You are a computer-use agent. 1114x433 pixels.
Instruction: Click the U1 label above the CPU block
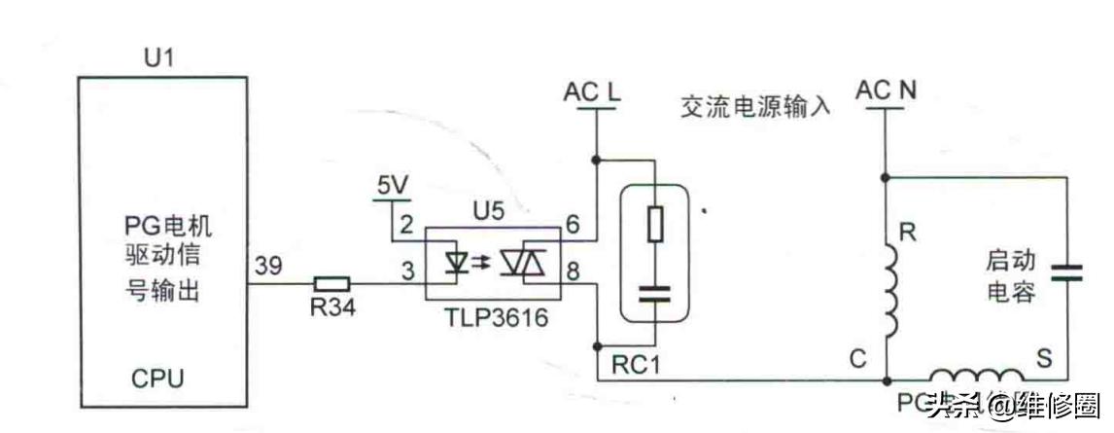pyautogui.click(x=157, y=60)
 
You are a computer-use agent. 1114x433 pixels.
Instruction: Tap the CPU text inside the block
pyautogui.click(x=157, y=378)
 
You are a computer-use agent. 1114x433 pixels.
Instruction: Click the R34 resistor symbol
pyautogui.click(x=332, y=284)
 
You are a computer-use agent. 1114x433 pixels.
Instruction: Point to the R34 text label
pyautogui.click(x=333, y=307)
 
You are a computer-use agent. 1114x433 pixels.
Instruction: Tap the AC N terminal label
pyautogui.click(x=886, y=92)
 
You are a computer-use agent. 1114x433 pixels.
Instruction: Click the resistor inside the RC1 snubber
pyautogui.click(x=656, y=225)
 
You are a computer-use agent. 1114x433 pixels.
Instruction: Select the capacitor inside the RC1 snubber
pyautogui.click(x=656, y=296)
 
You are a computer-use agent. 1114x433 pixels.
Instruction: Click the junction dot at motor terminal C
pyautogui.click(x=886, y=379)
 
